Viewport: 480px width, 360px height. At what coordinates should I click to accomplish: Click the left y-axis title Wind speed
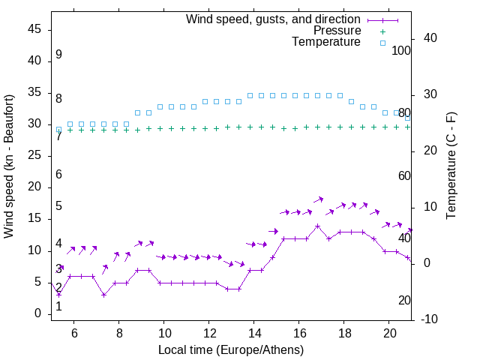tap(9, 166)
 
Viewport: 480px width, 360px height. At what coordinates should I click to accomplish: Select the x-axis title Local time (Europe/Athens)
tap(231, 350)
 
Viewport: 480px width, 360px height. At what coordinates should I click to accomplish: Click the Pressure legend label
tap(337, 31)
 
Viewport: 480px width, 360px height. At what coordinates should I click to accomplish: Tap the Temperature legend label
tap(326, 42)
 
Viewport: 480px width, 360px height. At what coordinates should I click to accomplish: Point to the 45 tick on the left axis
tap(34, 29)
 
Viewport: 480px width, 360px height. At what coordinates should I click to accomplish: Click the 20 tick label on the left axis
tap(34, 187)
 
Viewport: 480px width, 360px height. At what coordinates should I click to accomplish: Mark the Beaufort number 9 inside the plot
tap(58, 55)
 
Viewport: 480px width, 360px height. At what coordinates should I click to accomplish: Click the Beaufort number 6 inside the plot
tap(58, 175)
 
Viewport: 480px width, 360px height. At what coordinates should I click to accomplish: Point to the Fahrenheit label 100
tap(401, 51)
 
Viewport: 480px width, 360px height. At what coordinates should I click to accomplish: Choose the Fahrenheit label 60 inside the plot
tap(404, 176)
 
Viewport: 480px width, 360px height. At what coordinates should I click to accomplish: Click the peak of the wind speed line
tap(318, 226)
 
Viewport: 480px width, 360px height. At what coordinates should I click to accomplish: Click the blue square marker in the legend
tap(382, 43)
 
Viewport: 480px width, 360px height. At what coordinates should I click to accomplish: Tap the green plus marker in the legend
tap(382, 31)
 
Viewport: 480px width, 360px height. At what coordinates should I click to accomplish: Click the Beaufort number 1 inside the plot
tap(58, 306)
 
